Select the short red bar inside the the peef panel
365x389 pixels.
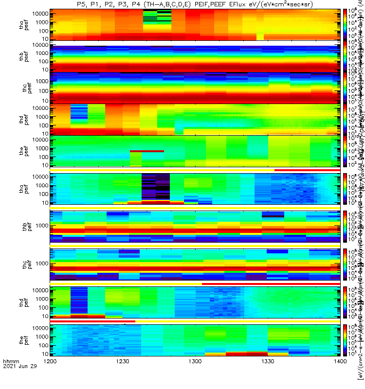146,152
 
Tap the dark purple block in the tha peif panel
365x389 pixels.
156,186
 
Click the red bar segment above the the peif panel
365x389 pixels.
92,321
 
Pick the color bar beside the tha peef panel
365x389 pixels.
345,24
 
